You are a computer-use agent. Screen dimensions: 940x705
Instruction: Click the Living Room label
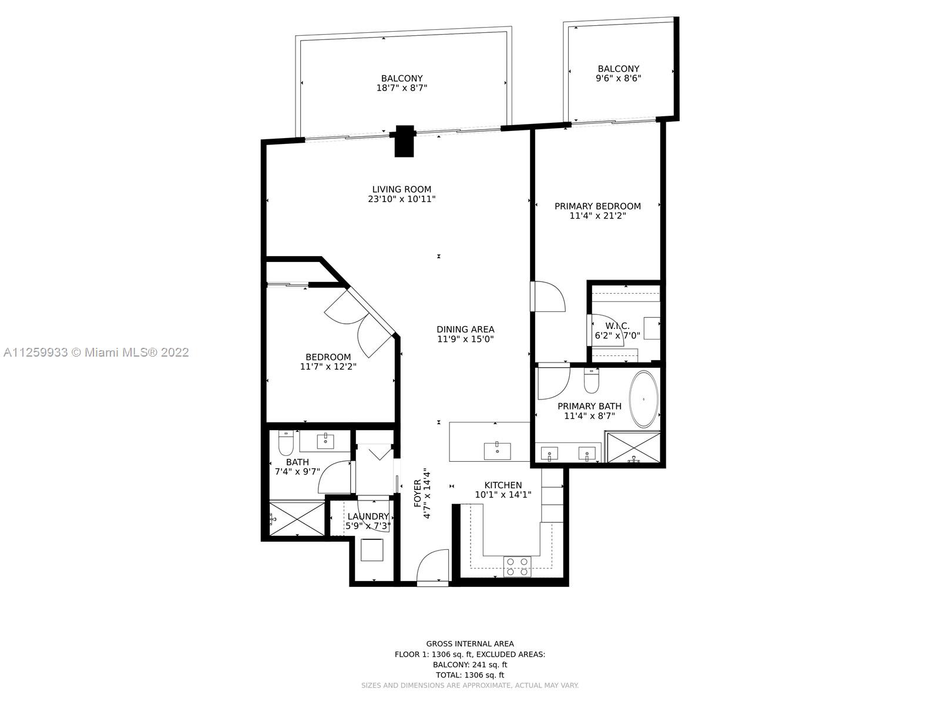401,189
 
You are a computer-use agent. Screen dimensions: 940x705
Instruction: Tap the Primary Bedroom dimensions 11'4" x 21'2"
597,216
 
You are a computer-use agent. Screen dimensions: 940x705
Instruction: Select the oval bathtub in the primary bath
643,399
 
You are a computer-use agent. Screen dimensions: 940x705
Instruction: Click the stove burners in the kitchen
518,566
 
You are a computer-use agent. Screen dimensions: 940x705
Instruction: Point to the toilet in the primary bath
592,381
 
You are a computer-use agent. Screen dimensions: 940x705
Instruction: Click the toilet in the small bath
285,444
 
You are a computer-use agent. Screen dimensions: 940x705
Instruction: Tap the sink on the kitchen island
497,451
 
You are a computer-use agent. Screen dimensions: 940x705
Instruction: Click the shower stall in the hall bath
297,519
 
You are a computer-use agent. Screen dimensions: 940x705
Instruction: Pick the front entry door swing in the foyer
432,565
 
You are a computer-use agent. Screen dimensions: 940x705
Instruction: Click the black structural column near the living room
404,141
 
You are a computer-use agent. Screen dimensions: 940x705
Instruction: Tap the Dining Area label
465,329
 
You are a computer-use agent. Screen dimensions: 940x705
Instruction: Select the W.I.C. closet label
617,326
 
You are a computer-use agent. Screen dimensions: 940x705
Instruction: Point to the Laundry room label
368,516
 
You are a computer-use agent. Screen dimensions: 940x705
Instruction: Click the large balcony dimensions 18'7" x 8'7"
402,88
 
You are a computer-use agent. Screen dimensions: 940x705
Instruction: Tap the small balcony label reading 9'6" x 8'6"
619,78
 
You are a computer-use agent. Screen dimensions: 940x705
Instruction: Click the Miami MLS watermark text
96,352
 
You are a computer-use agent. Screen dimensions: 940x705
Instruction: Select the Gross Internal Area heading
470,644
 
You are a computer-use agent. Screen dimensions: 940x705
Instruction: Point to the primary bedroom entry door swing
549,296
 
